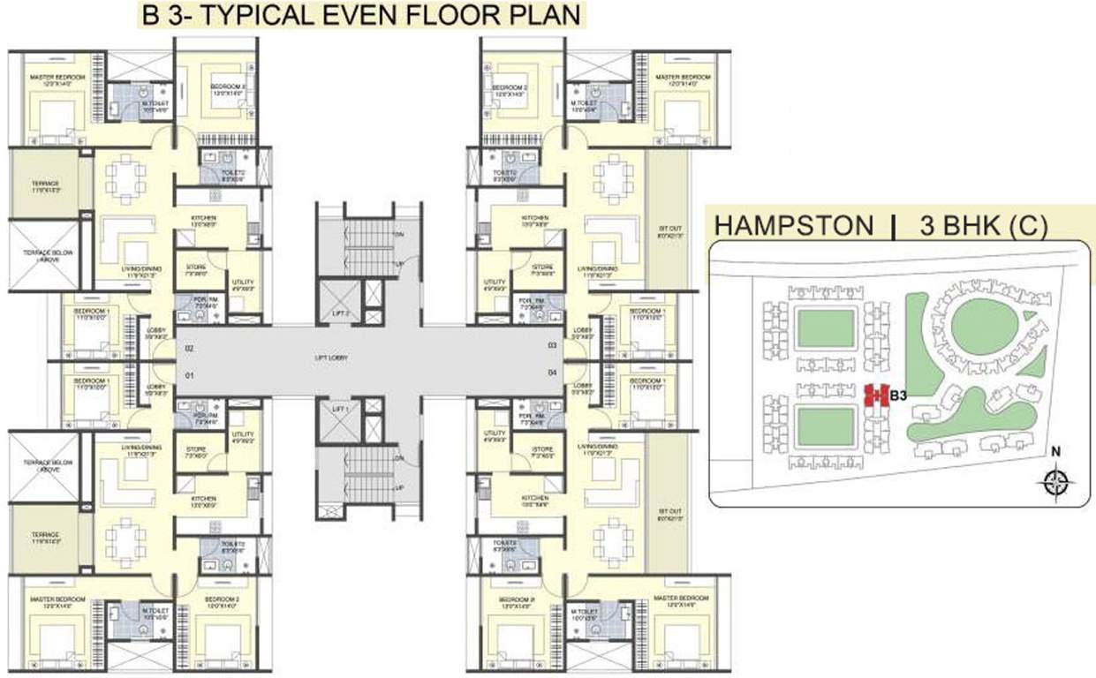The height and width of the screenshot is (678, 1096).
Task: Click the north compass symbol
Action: (x=1055, y=480)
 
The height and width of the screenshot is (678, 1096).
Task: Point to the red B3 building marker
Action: (x=874, y=395)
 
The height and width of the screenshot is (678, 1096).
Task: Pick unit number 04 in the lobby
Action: (x=553, y=373)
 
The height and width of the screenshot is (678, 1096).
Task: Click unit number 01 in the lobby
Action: (x=189, y=375)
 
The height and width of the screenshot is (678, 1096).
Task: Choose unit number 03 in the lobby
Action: (x=553, y=345)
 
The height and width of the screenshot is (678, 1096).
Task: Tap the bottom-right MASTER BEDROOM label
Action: (x=684, y=601)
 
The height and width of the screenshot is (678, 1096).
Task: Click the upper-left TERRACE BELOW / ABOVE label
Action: (x=42, y=251)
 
